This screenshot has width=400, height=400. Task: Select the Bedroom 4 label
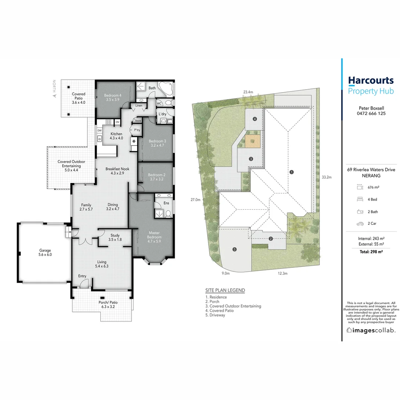pyautogui.click(x=112, y=97)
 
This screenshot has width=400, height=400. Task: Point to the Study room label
pyautogui.click(x=115, y=237)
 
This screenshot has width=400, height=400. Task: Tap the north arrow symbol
pyautogui.click(x=54, y=95)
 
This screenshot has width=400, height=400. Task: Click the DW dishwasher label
pyautogui.click(x=100, y=130)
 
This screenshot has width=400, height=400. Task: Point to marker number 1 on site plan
pyautogui.click(x=292, y=172)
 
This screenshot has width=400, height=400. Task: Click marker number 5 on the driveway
pyautogui.click(x=234, y=250)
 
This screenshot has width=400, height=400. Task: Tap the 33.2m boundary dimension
pyautogui.click(x=326, y=177)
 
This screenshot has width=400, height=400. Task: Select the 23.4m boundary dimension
pyautogui.click(x=248, y=92)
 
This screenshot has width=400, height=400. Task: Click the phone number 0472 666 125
pyautogui.click(x=371, y=113)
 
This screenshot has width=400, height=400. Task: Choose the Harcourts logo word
pyautogui.click(x=371, y=80)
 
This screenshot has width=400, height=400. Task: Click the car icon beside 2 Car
pyautogui.click(x=360, y=224)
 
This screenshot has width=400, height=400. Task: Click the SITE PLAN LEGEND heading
pyautogui.click(x=225, y=290)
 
